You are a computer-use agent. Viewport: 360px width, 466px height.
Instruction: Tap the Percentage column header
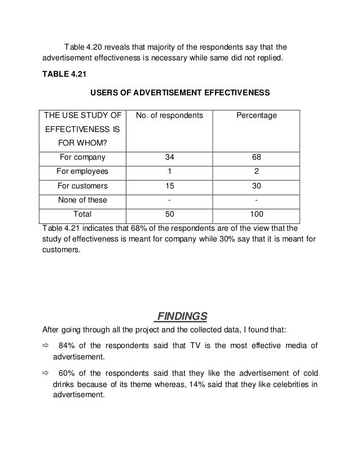[x=256, y=116]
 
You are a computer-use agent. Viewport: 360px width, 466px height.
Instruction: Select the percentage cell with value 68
[x=257, y=157]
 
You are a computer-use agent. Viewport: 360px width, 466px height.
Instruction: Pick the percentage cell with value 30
[x=257, y=186]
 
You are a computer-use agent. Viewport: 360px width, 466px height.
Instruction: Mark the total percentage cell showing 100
[x=257, y=214]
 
